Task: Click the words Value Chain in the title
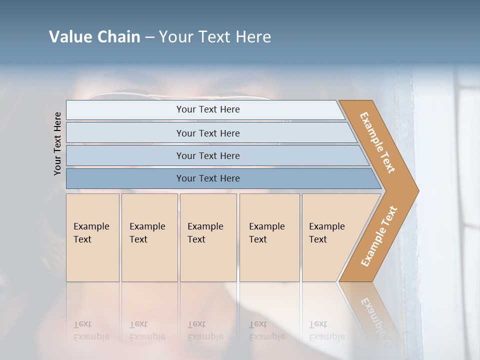tap(94, 37)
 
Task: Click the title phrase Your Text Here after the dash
tap(215, 37)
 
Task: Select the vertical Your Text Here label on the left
tap(57, 144)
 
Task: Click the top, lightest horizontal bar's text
tap(208, 109)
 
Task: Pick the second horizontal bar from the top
tap(208, 133)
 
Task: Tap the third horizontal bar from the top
tap(208, 155)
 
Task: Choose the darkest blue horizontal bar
tap(208, 178)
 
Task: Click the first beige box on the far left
tap(92, 237)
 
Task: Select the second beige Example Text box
tap(149, 237)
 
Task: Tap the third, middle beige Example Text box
tap(208, 237)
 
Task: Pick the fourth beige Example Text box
tap(269, 237)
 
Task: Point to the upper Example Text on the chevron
tap(377, 142)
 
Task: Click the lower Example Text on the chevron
tap(379, 236)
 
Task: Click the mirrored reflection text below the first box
tap(91, 330)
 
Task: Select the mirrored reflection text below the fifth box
tap(326, 330)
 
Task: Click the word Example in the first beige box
tap(91, 226)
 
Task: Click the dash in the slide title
tap(149, 37)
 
